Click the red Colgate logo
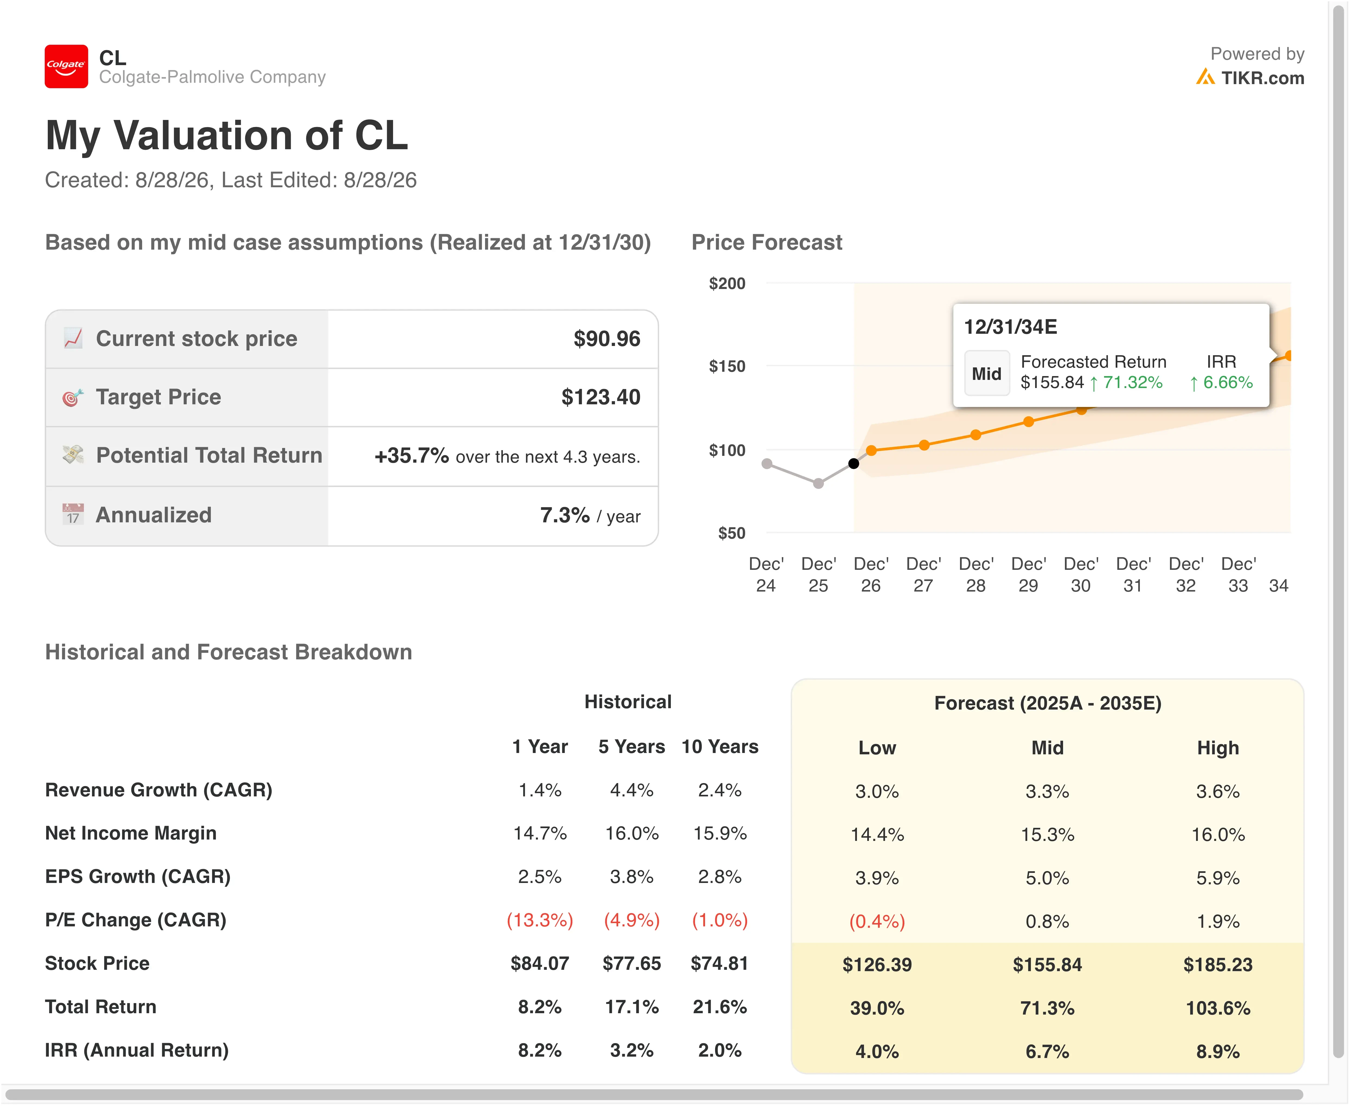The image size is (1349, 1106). pos(66,66)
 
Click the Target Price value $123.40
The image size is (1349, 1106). pos(601,397)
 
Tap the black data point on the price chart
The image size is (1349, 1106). pos(853,463)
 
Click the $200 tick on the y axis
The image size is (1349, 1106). pos(727,284)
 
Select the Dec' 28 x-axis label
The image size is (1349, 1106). pos(976,575)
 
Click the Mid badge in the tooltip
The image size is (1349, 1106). pos(987,374)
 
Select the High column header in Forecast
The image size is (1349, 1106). pos(1218,748)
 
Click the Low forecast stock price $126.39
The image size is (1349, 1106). pos(877,965)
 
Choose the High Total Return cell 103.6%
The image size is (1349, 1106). pos(1218,1008)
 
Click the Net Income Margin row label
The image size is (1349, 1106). pos(130,833)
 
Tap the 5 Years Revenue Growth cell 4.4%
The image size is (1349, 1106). pos(632,790)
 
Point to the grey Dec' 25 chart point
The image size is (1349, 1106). pos(818,484)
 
